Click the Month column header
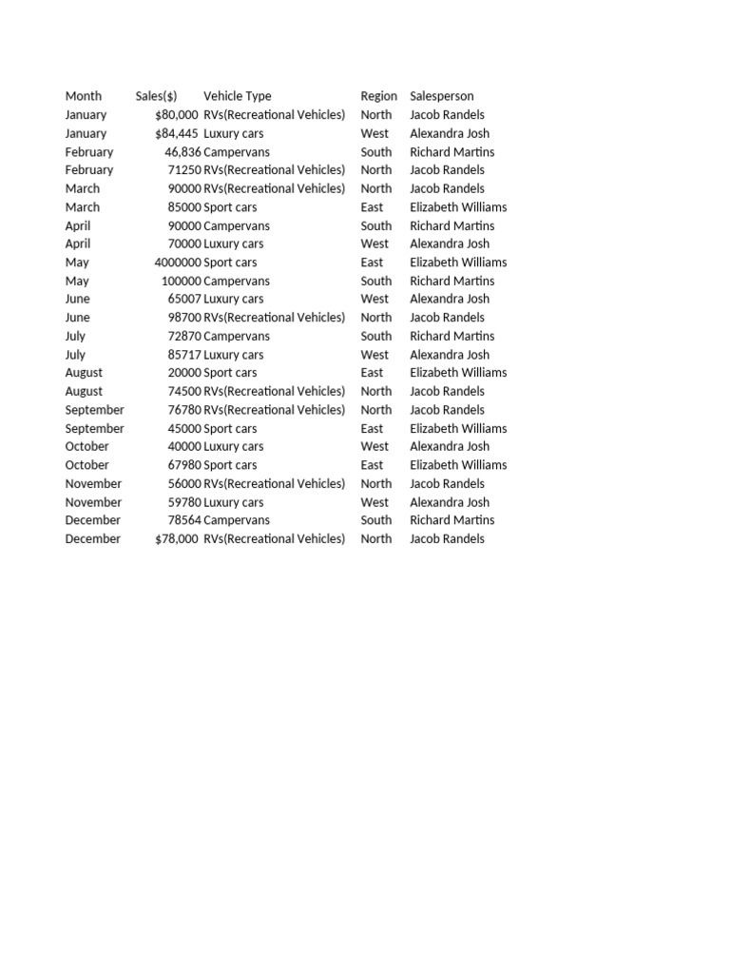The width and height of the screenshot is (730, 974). point(84,96)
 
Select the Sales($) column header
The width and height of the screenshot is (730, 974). point(156,96)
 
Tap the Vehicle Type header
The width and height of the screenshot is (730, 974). point(237,96)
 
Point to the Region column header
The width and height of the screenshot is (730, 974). point(378,96)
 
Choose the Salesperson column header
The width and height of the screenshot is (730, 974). point(441,96)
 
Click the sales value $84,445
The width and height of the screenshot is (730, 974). point(177,133)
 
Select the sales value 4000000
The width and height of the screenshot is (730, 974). point(178,263)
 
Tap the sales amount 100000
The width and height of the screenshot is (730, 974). point(181,281)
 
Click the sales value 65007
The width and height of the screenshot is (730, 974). point(184,299)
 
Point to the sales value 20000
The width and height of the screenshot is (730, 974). point(184,373)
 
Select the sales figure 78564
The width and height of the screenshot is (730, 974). point(184,520)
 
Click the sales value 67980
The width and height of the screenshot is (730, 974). point(184,465)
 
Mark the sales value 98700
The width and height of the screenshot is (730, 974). point(184,318)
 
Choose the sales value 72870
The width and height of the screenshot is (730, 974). point(184,336)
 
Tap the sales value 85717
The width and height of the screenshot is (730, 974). point(184,355)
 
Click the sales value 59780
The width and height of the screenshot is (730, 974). point(184,502)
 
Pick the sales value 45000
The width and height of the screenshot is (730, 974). point(184,428)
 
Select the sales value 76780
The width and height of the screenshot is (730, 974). point(184,410)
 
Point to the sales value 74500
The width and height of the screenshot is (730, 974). point(184,391)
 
